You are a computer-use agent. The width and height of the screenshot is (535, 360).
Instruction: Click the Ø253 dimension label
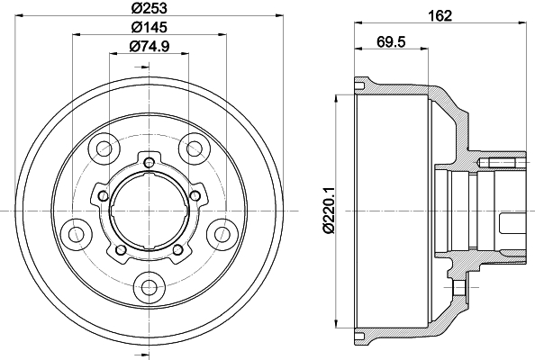[150, 8]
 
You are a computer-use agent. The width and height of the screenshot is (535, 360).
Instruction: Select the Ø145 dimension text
[150, 27]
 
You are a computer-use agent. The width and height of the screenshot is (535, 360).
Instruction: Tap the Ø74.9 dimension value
[150, 46]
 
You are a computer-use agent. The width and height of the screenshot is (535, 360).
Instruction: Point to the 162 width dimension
[440, 15]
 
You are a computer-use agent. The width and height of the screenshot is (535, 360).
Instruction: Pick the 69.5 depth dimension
[391, 42]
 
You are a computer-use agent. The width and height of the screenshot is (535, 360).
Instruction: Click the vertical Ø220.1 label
[330, 211]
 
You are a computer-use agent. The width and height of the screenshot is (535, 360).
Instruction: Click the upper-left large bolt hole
[104, 148]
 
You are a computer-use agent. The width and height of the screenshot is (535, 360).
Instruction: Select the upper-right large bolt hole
[194, 148]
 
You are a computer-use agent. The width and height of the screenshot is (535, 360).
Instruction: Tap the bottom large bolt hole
[149, 286]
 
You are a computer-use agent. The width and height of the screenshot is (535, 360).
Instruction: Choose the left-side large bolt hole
[76, 234]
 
